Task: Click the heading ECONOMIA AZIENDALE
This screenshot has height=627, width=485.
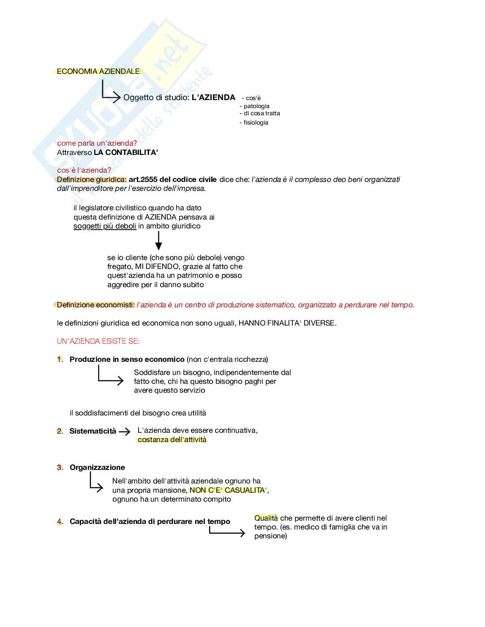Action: (98, 71)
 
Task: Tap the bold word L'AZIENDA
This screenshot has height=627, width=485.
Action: (213, 98)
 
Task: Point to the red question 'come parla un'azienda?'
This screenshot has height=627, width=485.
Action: (97, 143)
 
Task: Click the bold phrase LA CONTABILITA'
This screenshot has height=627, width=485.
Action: (126, 152)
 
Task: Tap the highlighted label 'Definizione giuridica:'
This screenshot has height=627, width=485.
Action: (92, 179)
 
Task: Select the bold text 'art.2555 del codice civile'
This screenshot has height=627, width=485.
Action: (172, 179)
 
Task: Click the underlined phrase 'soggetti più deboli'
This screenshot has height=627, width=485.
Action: (105, 226)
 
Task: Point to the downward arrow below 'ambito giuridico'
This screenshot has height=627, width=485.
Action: (158, 241)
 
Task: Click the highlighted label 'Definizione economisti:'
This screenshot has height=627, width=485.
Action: (95, 305)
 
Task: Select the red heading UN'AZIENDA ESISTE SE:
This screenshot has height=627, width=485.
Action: (98, 341)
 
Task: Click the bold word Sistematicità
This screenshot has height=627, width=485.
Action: (93, 431)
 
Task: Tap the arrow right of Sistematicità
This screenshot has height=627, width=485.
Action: (125, 432)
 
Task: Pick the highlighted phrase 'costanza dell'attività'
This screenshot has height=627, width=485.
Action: (172, 440)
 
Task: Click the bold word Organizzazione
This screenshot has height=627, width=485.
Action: (97, 467)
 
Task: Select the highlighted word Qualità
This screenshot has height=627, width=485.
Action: (266, 518)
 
